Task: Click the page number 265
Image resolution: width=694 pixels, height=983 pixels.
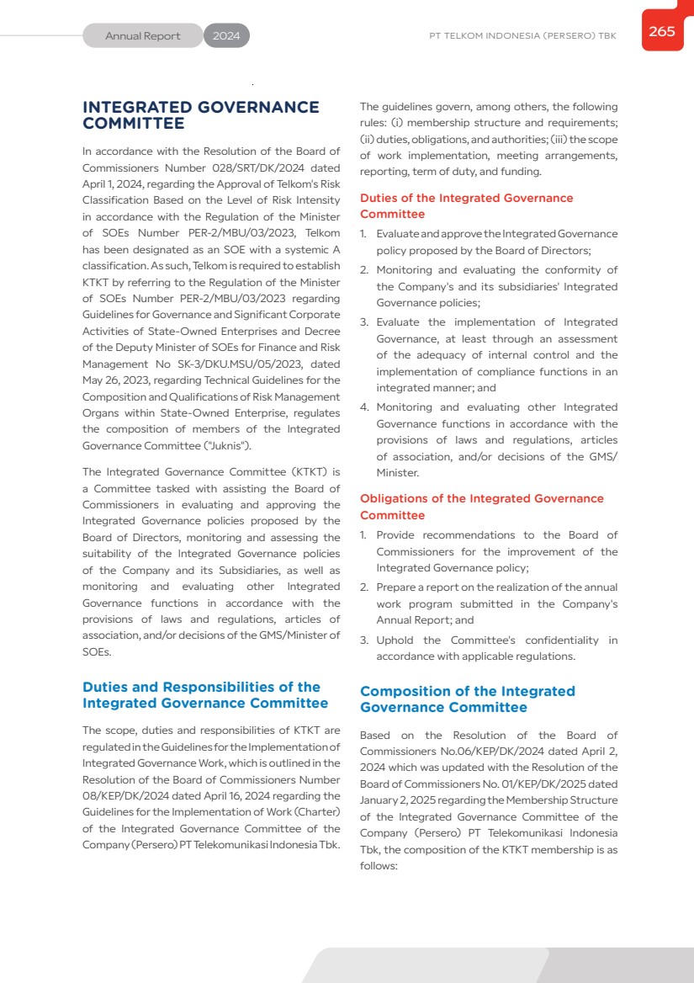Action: coord(662,31)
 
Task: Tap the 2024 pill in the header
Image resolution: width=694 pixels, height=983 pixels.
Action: coord(226,36)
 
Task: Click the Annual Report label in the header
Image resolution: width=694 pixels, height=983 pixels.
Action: coord(143,36)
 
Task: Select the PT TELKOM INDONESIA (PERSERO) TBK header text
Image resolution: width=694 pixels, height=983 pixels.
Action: coord(522,36)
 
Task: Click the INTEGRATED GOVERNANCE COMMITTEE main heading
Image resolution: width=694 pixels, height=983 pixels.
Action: coord(201,115)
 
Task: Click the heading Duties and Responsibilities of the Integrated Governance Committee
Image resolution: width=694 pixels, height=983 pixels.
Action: coord(205,695)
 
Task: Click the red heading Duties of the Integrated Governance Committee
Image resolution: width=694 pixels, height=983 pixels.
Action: coord(466,206)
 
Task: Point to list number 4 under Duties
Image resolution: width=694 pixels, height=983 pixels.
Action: coord(364,407)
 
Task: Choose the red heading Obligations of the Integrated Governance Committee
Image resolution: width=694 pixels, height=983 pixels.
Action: coord(481,507)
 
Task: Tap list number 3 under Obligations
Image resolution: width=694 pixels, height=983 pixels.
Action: coord(364,640)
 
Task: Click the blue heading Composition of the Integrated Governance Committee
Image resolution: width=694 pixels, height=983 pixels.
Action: coord(467,699)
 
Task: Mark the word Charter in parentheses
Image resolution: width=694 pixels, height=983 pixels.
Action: coord(315,812)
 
